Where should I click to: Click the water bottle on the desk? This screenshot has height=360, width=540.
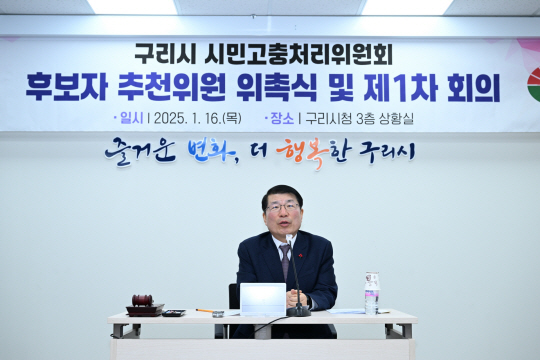372,293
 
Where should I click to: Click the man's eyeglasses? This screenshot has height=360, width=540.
282,208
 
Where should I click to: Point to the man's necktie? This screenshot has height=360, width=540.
285,263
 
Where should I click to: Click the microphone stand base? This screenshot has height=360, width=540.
298,311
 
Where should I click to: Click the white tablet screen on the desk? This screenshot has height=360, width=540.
263,298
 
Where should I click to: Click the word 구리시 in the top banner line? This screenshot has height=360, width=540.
162,53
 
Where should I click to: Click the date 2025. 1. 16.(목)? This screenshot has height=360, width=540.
196,118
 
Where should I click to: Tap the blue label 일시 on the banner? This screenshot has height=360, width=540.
131,118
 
